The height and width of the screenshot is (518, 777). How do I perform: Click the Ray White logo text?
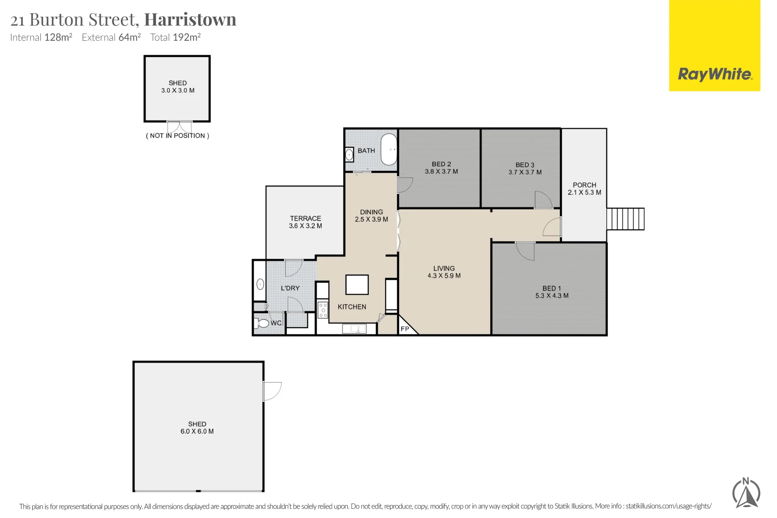[714, 74]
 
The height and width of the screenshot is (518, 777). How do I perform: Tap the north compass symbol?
[746, 493]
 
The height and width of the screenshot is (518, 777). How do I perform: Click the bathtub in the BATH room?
[389, 150]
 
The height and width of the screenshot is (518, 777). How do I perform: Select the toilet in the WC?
[262, 323]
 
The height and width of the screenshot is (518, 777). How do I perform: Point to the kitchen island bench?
[357, 284]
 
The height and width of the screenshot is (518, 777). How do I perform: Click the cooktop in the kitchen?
[323, 310]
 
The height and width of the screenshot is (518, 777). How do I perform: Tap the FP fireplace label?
[405, 329]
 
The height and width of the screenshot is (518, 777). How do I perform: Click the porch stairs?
[625, 219]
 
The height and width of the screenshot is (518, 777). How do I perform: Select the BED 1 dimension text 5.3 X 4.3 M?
[552, 296]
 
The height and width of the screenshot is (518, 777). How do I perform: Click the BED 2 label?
[441, 164]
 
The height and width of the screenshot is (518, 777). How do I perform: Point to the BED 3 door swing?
[543, 200]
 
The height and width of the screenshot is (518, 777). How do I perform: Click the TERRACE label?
[305, 218]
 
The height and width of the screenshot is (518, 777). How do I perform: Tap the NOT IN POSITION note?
[177, 136]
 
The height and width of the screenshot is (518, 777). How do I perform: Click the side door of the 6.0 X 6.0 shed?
[272, 391]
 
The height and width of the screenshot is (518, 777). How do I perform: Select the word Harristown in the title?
[190, 20]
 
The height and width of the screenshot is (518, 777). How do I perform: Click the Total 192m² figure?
[175, 37]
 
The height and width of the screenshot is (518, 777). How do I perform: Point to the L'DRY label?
[290, 288]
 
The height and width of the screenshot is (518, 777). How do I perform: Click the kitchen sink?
[354, 329]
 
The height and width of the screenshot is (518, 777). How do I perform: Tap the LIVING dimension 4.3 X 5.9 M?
[444, 276]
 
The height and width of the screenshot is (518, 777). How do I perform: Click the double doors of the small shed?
[179, 127]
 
